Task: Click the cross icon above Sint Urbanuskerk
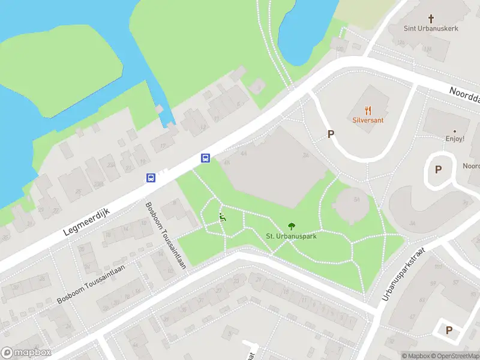(431, 19)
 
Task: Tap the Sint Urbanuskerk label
(430, 29)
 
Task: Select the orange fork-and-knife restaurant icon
(368, 110)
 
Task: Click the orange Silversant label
(368, 120)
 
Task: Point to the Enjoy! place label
(455, 139)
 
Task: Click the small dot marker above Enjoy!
(455, 130)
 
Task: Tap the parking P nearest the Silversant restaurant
(330, 134)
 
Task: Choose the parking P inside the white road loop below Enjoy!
(438, 169)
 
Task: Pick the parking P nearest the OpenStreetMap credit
(448, 330)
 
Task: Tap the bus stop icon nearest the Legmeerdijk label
(151, 178)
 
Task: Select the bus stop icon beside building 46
(205, 158)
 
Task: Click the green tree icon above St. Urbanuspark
(292, 226)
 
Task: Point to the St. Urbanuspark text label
(292, 236)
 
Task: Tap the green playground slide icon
(223, 218)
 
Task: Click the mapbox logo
(26, 353)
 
